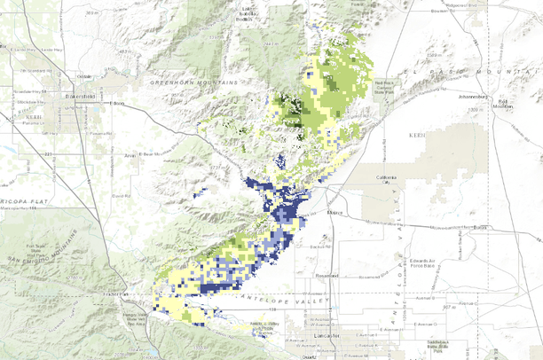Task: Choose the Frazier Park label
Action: point(114,293)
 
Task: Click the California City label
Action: point(386,181)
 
